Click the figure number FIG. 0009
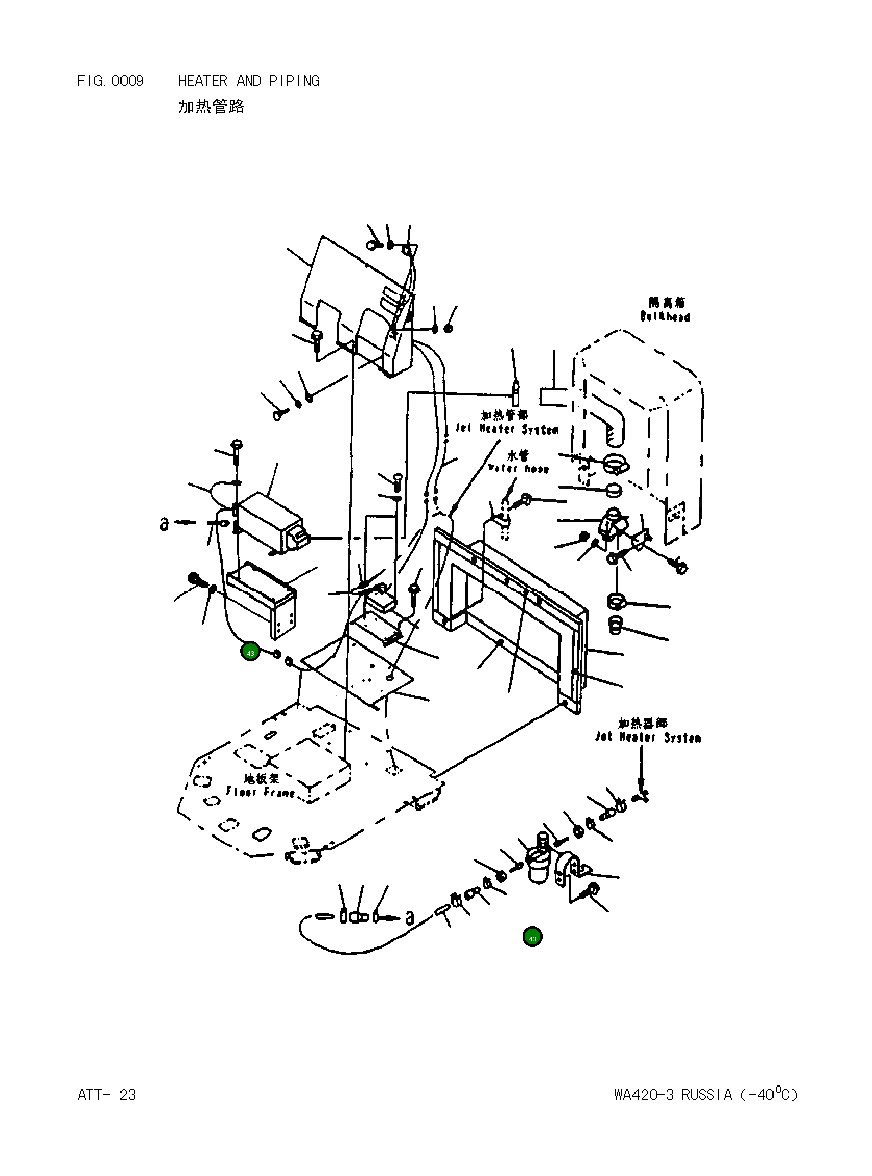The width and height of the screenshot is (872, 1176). [x=110, y=81]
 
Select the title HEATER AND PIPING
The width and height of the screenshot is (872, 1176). [x=249, y=81]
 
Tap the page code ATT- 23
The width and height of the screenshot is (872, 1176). [x=107, y=1095]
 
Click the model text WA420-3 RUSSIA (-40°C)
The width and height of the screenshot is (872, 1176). [x=706, y=1094]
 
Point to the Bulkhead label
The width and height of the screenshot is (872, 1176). [x=665, y=316]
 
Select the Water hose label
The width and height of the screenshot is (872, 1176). [x=519, y=468]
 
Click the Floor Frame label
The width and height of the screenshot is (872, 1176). [x=260, y=791]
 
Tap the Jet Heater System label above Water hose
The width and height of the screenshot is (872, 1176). [x=507, y=429]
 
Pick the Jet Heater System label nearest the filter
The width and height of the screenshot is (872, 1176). [x=648, y=737]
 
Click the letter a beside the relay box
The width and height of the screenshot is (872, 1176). [x=165, y=524]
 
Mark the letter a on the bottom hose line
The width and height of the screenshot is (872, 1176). [x=410, y=918]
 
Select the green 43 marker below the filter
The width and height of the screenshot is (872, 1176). [x=532, y=937]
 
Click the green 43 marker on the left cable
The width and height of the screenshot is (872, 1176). [x=250, y=652]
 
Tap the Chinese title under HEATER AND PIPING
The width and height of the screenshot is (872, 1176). [x=211, y=107]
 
